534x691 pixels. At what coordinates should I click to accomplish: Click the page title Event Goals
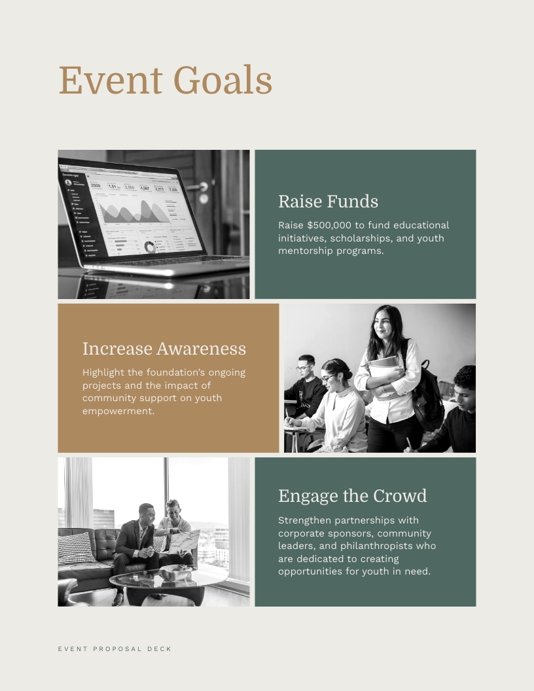(165, 80)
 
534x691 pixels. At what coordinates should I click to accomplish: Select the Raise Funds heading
(328, 201)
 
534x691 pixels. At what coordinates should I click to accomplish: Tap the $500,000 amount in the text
(329, 225)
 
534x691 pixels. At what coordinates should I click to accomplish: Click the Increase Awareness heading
(164, 348)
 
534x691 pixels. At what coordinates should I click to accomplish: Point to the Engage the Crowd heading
(352, 495)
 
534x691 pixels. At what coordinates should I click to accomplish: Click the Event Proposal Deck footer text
(115, 649)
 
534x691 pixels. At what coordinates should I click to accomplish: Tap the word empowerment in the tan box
(118, 411)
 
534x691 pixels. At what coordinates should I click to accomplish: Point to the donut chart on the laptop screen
(151, 247)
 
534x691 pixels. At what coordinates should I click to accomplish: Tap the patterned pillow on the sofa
(76, 548)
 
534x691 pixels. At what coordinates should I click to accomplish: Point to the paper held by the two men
(184, 540)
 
